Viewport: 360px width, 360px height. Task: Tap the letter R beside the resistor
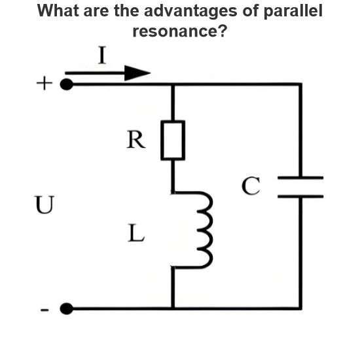tap(136, 139)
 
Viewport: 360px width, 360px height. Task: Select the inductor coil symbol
tap(204, 230)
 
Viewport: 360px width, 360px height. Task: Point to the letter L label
tap(136, 233)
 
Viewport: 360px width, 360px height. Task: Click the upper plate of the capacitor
tap(300, 177)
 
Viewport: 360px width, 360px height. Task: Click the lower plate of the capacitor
tap(300, 196)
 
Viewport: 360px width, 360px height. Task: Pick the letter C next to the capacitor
tap(251, 186)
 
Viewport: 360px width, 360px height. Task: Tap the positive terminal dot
tap(67, 84)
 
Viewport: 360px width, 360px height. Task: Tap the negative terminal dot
tap(67, 308)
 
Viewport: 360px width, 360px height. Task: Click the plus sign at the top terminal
tap(45, 83)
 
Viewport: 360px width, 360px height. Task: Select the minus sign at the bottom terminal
tap(45, 310)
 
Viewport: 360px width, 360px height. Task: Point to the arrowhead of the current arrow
tap(137, 73)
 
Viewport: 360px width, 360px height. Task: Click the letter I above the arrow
tap(102, 55)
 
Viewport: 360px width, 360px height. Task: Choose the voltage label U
tap(45, 205)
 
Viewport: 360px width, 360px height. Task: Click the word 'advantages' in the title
tap(190, 11)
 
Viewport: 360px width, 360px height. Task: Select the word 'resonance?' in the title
tap(180, 31)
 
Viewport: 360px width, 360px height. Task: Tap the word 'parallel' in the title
tap(293, 11)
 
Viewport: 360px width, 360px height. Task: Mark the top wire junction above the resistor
tap(173, 84)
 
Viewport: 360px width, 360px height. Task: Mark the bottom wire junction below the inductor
tap(173, 308)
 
